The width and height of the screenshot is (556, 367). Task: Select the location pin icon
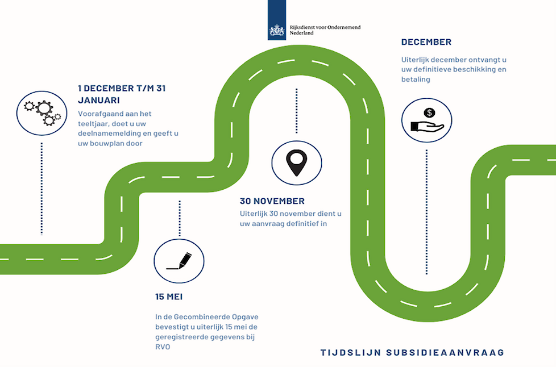[x=297, y=163]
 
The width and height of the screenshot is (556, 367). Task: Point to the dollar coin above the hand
[x=430, y=113]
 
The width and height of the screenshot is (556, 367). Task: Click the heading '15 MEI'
[x=169, y=297]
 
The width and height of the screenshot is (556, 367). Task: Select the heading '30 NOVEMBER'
[x=272, y=201]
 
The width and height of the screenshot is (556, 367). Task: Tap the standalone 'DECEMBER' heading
[x=426, y=42]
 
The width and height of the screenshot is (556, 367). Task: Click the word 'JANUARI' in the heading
[x=98, y=100]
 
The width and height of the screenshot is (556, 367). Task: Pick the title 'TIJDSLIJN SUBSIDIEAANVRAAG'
[x=412, y=353]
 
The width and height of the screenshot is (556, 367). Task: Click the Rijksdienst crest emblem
[x=277, y=31]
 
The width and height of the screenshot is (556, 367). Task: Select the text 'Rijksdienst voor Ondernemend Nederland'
[x=325, y=30]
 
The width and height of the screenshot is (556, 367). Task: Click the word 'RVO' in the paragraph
[x=163, y=347]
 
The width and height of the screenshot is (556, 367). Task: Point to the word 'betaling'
[x=416, y=80]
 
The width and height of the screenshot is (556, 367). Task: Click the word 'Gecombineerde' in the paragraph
[x=201, y=316]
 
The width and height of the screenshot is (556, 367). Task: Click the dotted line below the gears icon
[x=42, y=189]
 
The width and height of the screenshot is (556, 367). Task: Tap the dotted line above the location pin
[x=297, y=111]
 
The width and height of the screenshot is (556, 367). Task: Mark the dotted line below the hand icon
[x=426, y=212]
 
